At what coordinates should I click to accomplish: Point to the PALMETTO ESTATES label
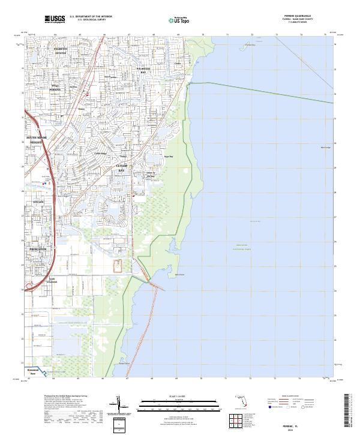click(x=61, y=50)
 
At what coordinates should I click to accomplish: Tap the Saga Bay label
click(x=160, y=154)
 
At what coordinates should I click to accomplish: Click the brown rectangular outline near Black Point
click(x=118, y=265)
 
